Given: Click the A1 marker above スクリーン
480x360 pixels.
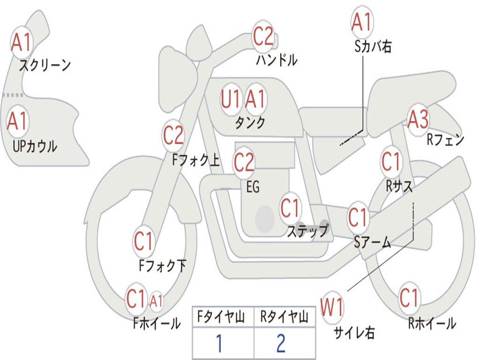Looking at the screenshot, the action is pos(22,42).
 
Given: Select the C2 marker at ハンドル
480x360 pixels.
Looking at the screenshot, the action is pos(263,36).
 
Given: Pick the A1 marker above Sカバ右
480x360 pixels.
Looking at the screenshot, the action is pos(362,22).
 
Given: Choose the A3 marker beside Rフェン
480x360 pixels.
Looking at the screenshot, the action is pos(419,119).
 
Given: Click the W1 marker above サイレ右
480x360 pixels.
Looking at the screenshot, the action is pos(332,307).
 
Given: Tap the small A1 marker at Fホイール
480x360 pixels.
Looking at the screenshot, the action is pos(157,301).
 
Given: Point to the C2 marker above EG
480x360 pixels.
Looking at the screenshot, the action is pos(244,163).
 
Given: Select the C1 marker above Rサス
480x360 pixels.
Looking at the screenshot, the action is pos(391,161).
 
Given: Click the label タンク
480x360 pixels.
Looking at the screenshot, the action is pos(250,123).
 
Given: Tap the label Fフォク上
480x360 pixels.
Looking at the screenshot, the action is pos(196,160).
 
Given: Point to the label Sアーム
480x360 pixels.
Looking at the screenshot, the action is pos(373,242).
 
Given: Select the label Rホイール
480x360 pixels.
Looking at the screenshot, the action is pos(432,323).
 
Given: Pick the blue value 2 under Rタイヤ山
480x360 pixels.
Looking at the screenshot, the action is pos(281,343).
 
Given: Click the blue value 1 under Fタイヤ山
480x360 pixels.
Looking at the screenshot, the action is pos(219,343).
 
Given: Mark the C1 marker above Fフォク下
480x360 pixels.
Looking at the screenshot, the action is pos(143,241).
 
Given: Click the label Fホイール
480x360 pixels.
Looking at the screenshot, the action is pos(157,323).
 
